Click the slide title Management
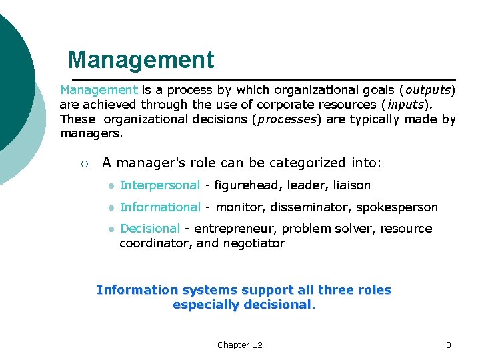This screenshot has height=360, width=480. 141,60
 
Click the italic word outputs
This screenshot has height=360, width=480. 429,90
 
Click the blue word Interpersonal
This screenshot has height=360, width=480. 159,185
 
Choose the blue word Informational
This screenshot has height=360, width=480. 159,207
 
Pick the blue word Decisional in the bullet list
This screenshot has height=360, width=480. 150,229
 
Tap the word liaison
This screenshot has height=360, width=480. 350,185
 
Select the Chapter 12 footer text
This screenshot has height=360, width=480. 239,345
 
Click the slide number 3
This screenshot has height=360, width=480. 448,345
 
